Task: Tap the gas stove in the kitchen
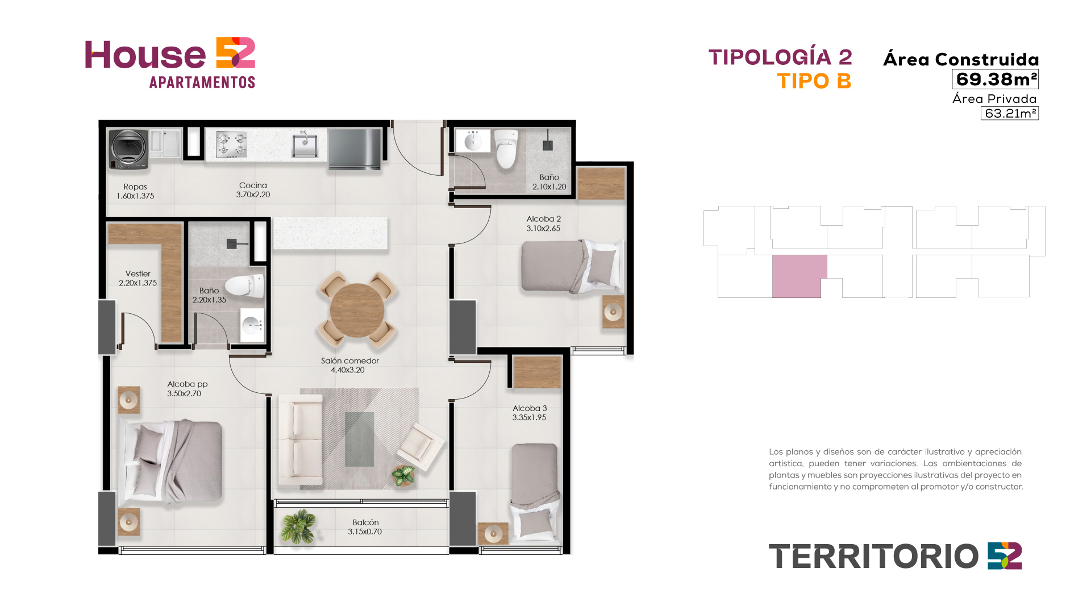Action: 232,144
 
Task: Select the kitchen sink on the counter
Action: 305,146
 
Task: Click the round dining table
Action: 357,310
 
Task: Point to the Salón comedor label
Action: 349,361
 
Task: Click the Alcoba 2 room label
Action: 544,219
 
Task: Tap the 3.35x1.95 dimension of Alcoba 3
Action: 529,417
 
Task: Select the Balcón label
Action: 365,522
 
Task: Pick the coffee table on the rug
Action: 360,439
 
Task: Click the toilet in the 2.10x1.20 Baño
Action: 505,150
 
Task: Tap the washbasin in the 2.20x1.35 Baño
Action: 252,325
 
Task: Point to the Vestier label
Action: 138,274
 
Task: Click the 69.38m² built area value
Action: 996,79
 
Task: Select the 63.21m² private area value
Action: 1010,113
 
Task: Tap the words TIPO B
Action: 814,81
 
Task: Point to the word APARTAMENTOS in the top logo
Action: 202,82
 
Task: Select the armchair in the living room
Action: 420,447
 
